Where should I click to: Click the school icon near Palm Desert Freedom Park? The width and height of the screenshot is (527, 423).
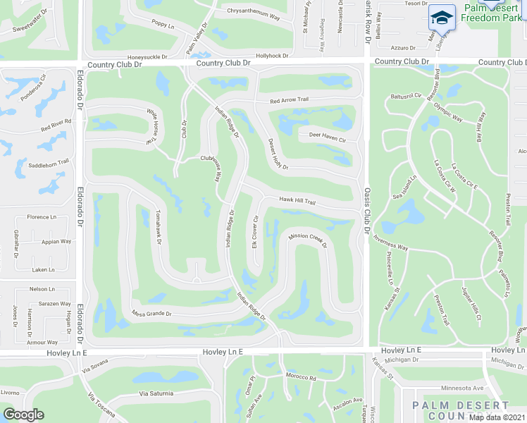[442, 18]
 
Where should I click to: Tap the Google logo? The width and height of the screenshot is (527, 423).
[23, 414]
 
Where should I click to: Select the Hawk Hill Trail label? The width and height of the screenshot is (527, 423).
[297, 200]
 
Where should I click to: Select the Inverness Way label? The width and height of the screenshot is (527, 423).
[391, 243]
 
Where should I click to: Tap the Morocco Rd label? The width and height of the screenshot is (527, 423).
[302, 377]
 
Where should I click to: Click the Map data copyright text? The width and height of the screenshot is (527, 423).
[497, 417]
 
